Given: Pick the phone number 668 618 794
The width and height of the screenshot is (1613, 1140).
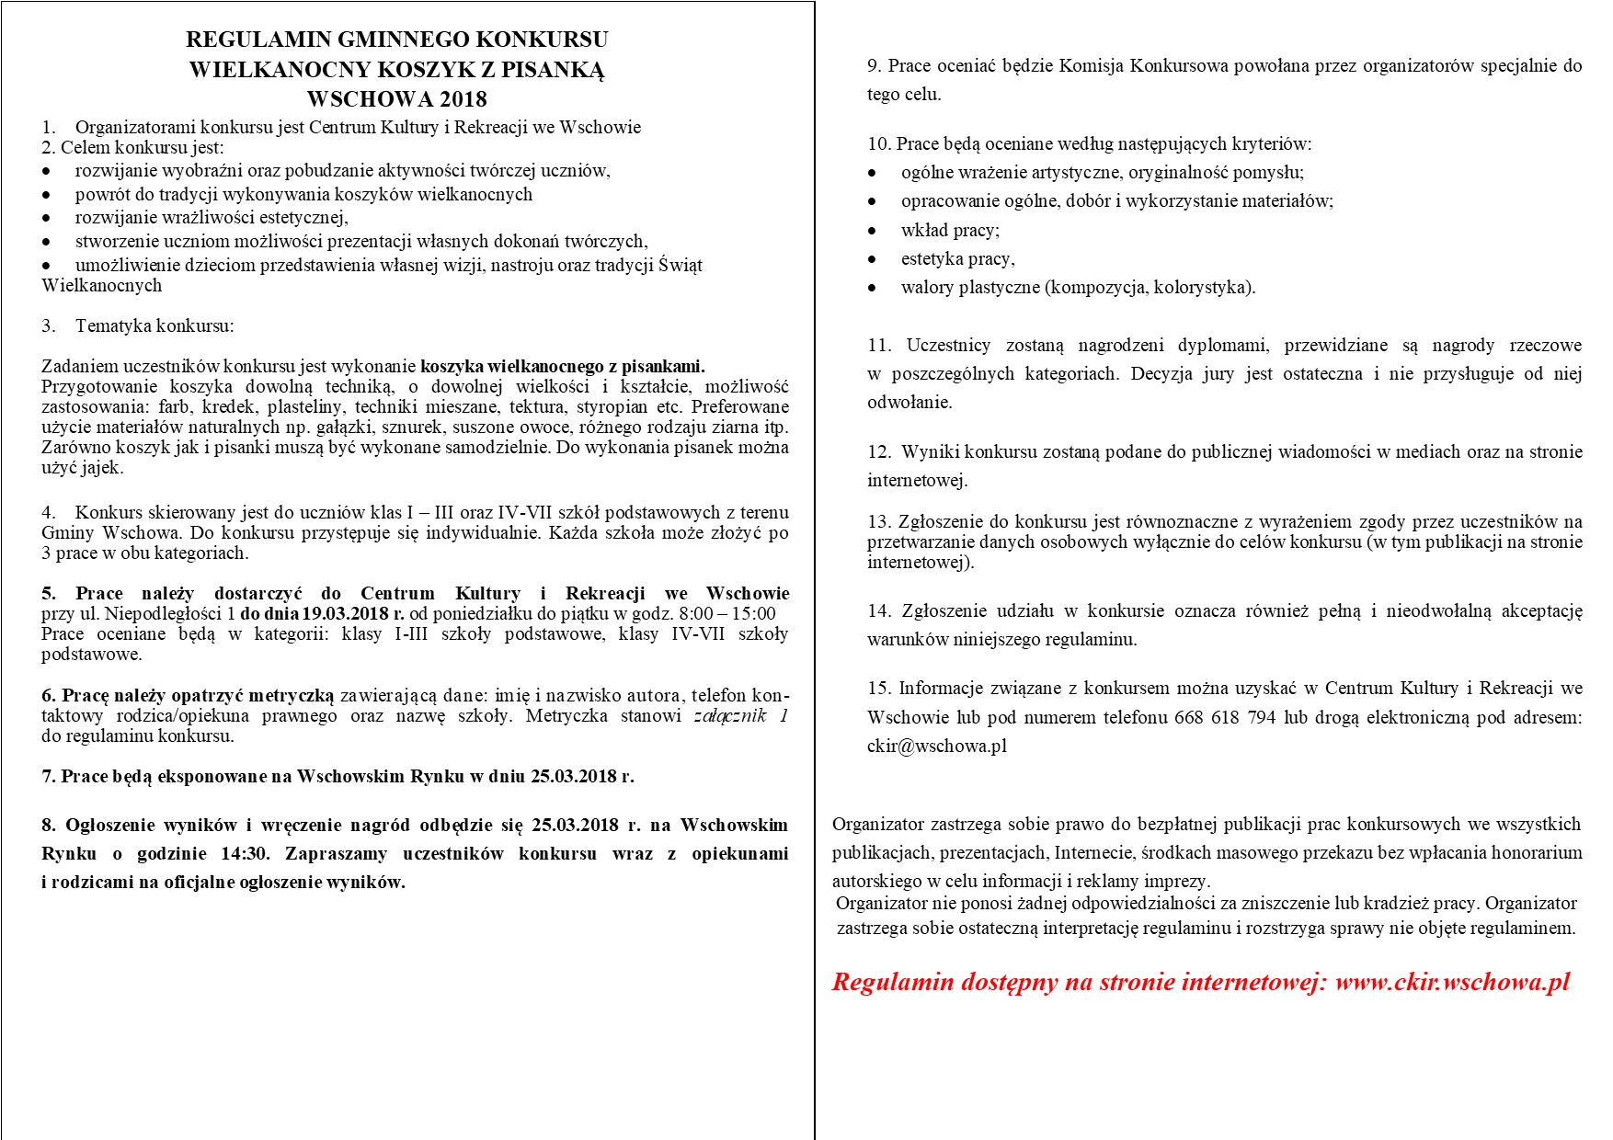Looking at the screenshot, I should [x=1224, y=717].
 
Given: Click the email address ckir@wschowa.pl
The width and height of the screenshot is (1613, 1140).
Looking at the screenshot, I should [x=937, y=746].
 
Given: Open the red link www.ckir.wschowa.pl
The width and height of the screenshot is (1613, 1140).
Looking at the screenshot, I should [x=1452, y=982].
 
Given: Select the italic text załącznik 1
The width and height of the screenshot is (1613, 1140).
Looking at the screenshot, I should [x=741, y=715].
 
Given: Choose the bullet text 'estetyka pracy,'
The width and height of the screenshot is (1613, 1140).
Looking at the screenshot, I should [x=957, y=258].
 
